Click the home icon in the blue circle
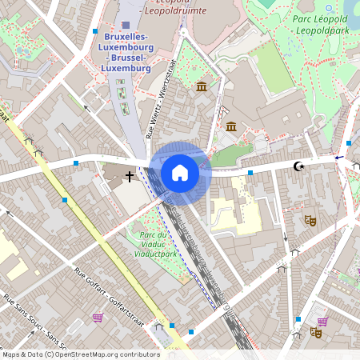click(180, 172)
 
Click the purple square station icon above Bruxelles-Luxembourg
click(126, 26)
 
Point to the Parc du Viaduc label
click(155, 243)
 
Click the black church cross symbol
click(130, 175)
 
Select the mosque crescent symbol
click(299, 166)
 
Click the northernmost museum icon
click(200, 86)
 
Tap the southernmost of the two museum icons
click(231, 126)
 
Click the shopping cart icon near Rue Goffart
click(98, 318)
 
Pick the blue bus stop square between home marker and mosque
click(250, 172)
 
